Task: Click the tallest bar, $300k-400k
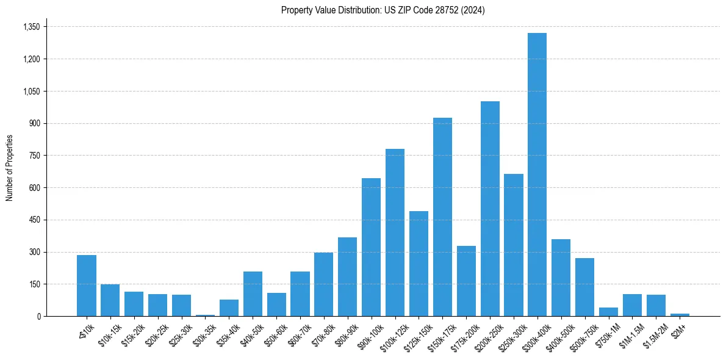click(x=537, y=175)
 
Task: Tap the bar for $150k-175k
click(x=442, y=217)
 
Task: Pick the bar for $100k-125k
click(x=395, y=232)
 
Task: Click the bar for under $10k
click(x=87, y=286)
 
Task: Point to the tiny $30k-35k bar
click(x=205, y=315)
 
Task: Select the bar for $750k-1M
click(x=608, y=312)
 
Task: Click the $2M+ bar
click(x=680, y=314)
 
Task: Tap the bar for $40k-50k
click(x=253, y=293)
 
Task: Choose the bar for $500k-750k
click(x=584, y=287)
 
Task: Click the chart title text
click(x=383, y=10)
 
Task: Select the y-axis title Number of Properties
click(x=10, y=168)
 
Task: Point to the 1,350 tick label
click(x=31, y=27)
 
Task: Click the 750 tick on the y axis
click(x=34, y=156)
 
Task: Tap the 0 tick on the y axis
click(x=38, y=316)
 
